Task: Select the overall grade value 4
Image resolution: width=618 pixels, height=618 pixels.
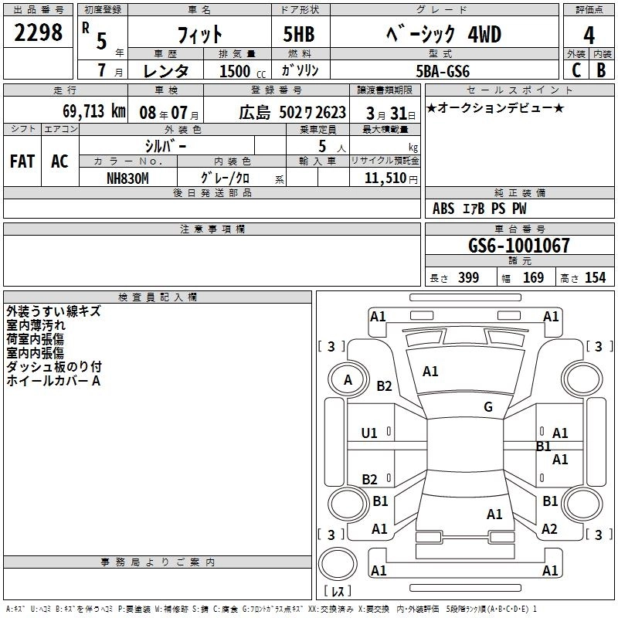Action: (589, 36)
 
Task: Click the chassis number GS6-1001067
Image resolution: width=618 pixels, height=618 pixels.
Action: (518, 246)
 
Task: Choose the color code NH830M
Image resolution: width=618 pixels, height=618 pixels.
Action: (127, 178)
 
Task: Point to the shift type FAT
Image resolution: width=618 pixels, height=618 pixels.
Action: (22, 161)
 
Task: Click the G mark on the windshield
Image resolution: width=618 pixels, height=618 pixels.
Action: (488, 407)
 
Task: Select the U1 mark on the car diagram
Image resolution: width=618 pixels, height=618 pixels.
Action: (369, 433)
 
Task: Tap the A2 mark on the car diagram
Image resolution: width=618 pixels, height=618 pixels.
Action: (549, 529)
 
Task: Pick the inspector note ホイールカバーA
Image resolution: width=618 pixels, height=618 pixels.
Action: (54, 381)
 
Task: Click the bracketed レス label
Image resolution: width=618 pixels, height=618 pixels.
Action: (337, 593)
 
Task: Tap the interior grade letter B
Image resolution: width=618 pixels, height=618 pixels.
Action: (600, 70)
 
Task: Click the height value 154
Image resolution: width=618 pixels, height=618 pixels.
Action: (595, 278)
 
